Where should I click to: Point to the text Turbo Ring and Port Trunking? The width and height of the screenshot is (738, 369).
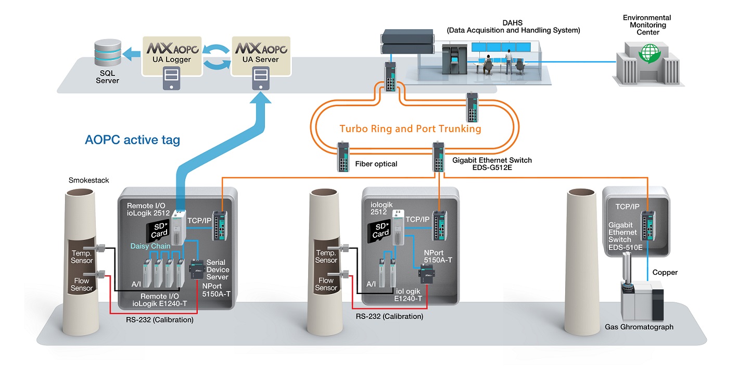[x=411, y=129]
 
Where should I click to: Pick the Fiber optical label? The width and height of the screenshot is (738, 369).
[x=376, y=164]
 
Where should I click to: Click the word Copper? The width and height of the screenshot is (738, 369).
[x=665, y=272]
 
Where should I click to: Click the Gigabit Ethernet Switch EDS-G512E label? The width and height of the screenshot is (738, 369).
[x=492, y=164]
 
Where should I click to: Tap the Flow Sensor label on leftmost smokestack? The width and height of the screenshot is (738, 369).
[x=82, y=284]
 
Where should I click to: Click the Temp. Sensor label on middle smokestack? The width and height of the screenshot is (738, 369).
[x=326, y=256]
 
